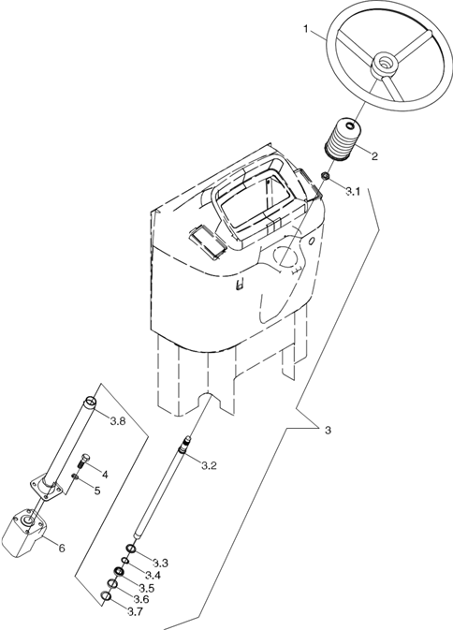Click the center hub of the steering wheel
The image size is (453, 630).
tap(386, 65)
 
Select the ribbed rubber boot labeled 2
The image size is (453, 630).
tap(343, 139)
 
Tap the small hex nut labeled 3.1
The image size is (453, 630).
tap(326, 176)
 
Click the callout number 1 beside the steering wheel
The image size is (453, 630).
tap(306, 29)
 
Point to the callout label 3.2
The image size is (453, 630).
tap(209, 465)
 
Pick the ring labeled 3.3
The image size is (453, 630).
tap(131, 549)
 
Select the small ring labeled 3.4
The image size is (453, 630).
tap(125, 561)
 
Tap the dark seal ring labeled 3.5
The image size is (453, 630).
tap(119, 572)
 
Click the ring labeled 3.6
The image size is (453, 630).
tap(112, 583)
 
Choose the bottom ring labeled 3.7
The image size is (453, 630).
tap(105, 596)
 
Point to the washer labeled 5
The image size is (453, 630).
tap(75, 476)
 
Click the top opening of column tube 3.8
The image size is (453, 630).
tap(91, 401)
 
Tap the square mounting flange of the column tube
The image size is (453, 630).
tap(47, 488)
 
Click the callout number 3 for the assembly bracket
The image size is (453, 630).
tap(328, 431)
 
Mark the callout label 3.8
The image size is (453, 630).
tap(118, 421)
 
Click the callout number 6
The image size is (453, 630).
tap(62, 548)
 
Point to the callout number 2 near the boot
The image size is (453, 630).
tap(374, 156)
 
